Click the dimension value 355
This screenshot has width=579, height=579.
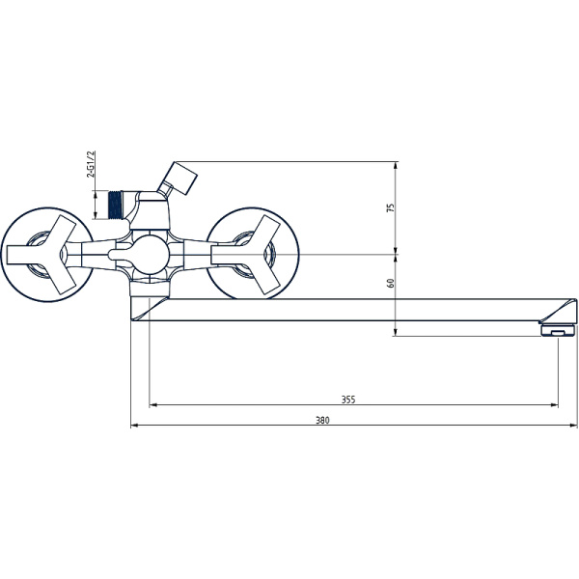[x=348, y=399]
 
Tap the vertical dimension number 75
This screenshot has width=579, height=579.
[x=391, y=208]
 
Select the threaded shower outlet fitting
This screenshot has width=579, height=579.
[x=120, y=206]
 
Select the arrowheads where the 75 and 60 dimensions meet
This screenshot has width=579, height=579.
[x=397, y=255]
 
